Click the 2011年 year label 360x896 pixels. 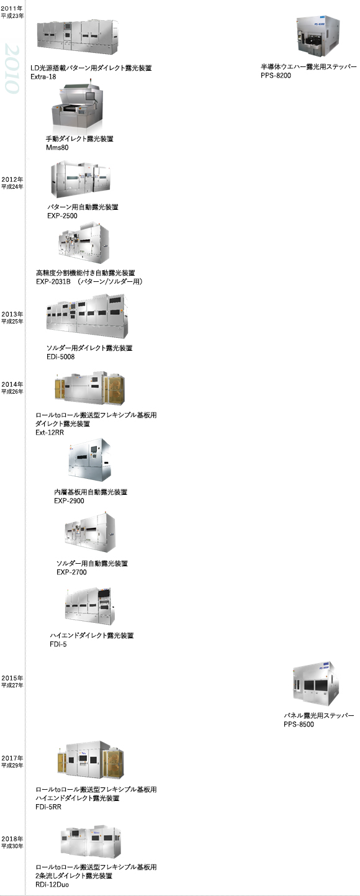point(12,9)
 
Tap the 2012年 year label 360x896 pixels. point(12,179)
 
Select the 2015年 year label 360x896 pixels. point(12,678)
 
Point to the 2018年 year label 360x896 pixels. point(12,839)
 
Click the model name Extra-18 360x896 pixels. point(43,77)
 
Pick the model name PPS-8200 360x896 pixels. point(276,76)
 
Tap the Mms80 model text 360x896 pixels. point(57,148)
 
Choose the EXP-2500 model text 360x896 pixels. point(62,216)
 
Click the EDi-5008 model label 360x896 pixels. point(60,357)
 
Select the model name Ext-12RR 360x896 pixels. point(50,432)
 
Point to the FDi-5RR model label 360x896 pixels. point(48,807)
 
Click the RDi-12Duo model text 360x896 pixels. point(52,884)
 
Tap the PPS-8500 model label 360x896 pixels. point(299,725)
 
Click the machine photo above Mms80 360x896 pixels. point(77,107)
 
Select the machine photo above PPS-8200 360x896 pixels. point(318,36)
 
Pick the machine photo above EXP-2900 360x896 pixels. point(89,460)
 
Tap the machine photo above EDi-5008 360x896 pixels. point(87,317)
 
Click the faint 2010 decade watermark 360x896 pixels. point(12,69)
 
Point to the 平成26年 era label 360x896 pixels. point(12,392)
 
